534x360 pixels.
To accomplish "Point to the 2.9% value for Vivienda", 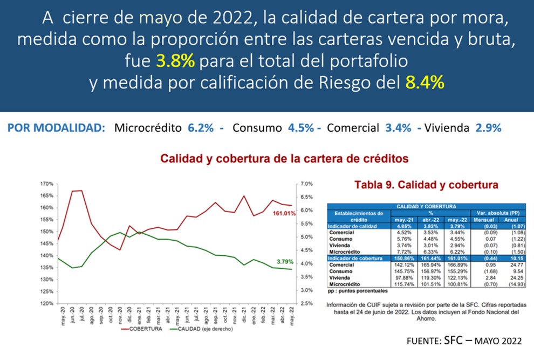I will coord(488,128).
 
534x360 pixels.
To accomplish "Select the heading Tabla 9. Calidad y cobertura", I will coord(426,185).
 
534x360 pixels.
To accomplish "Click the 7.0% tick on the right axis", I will coord(304,184).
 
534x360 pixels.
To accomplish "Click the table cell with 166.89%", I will coord(456,265).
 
